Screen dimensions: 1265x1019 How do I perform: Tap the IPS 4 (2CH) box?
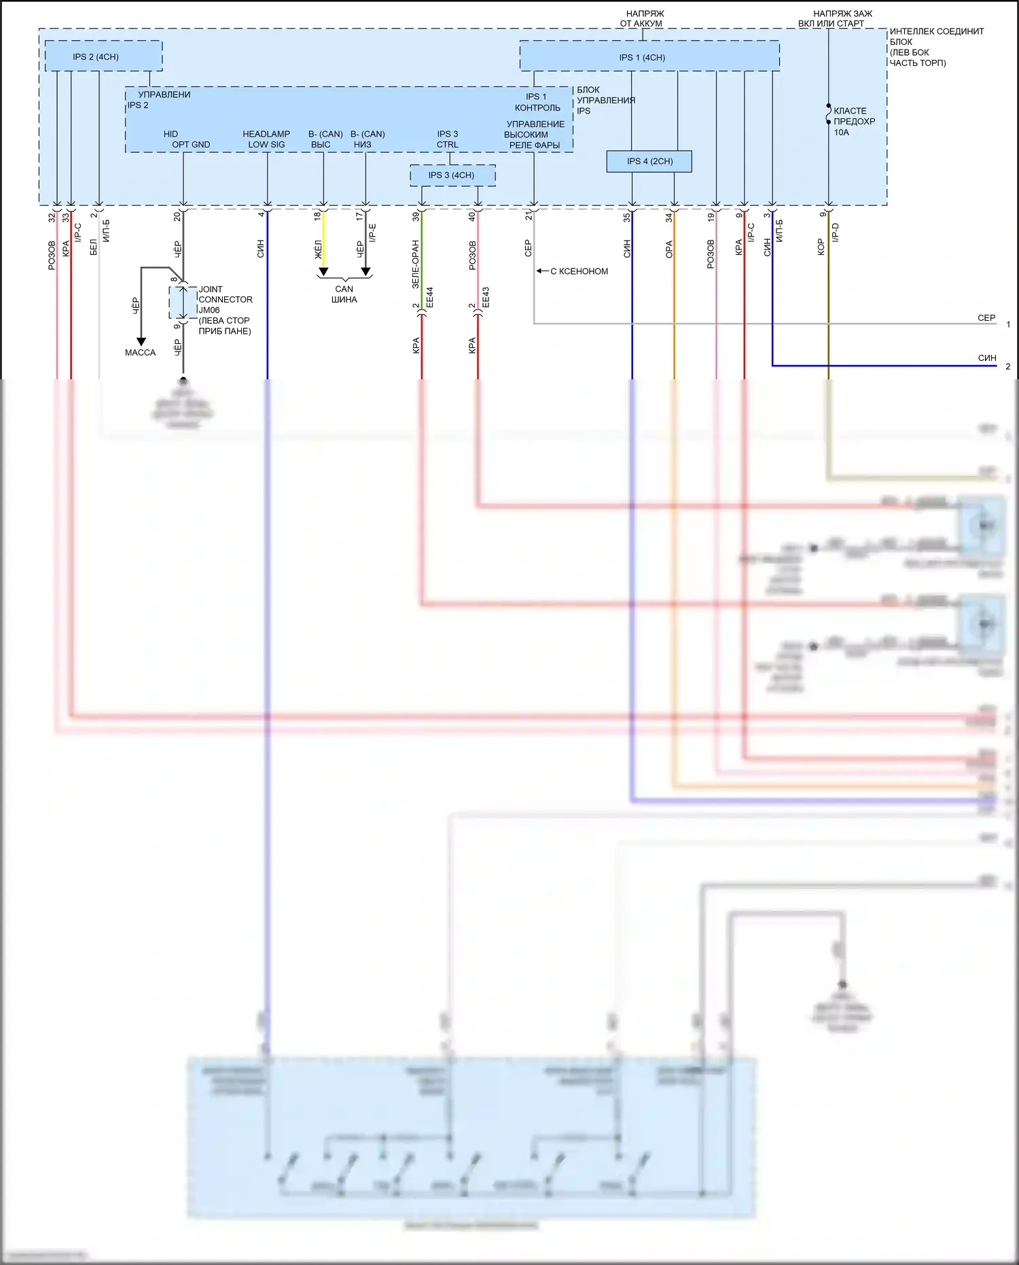(x=649, y=161)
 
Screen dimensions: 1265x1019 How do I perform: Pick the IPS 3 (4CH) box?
(x=452, y=175)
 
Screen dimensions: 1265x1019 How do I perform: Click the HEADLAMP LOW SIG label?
(x=266, y=139)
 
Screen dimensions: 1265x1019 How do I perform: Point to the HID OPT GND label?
(x=183, y=139)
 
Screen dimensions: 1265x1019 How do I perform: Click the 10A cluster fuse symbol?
(x=829, y=114)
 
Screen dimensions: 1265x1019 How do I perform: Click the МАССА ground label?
(x=140, y=353)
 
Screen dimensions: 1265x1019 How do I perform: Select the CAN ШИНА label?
(x=344, y=294)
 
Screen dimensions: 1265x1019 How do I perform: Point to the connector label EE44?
(x=429, y=297)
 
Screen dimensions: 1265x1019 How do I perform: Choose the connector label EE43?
(x=485, y=297)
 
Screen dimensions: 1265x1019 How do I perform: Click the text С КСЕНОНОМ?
(x=579, y=271)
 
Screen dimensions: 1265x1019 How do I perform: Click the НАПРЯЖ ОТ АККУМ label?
(x=641, y=18)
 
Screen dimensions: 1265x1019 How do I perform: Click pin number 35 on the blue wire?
(x=627, y=218)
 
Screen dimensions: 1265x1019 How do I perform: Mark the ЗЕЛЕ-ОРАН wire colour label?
(x=416, y=264)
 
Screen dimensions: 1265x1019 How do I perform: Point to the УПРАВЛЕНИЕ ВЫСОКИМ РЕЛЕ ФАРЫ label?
(x=534, y=135)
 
